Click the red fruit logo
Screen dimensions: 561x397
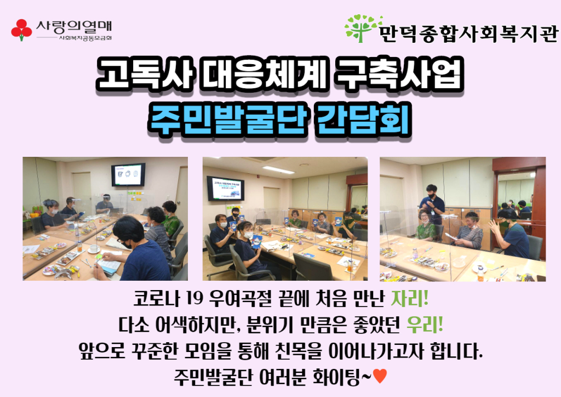pos(21,30)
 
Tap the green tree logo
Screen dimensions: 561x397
pos(362,28)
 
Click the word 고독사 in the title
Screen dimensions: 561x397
pos(144,73)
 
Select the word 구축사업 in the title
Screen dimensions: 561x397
pos(398,73)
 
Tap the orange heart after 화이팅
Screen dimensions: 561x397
pos(380,376)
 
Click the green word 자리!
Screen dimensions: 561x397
pos(410,298)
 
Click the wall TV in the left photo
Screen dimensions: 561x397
pos(128,175)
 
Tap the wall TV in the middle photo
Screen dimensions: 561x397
pos(225,188)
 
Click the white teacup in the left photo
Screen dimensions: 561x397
pos(94,248)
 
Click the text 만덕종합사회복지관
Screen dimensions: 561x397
pos(468,33)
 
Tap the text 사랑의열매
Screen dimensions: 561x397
pos(74,26)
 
